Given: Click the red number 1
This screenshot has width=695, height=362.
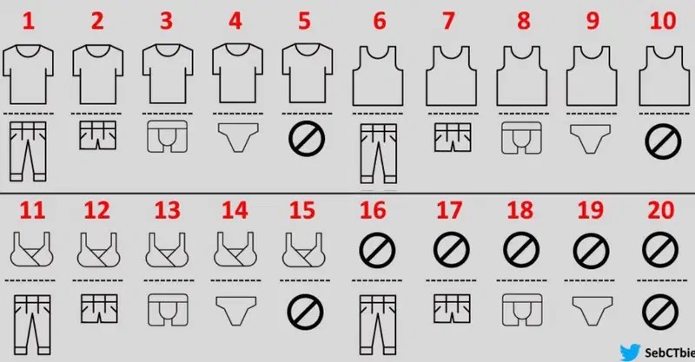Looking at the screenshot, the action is pos(29,21).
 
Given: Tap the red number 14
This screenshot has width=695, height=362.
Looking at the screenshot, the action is pos(235,210).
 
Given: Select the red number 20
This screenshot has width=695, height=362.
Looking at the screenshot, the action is pos(661,210).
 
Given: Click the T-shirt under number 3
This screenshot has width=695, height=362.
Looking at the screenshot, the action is pos(168,74).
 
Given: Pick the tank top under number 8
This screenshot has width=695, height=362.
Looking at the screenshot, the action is pos(522,76).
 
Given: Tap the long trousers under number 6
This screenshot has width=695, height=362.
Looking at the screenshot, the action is pos(379,154).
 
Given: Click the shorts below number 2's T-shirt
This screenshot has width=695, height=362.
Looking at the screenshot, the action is pos(98,135).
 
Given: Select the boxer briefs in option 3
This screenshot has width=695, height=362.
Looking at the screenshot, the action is pos(168,136).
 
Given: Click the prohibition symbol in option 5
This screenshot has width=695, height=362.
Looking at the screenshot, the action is pos(307,138).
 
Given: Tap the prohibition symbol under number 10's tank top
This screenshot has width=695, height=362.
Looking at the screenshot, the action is pos(663,142).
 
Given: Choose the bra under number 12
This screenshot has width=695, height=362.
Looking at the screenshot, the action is pos(98,249).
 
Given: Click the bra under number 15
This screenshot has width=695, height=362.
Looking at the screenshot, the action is pos(304,249).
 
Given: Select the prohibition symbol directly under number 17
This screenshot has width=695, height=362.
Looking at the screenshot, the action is pos(452,250).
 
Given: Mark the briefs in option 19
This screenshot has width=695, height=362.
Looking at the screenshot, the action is pos(592,311).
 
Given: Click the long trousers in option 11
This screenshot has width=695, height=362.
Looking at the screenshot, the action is pos(32,325).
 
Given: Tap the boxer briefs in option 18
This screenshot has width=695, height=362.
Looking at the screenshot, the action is pos(522,310).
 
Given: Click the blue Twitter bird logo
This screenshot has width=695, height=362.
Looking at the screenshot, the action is pos(631,352).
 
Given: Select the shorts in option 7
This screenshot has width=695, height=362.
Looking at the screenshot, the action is pos(453,137).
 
